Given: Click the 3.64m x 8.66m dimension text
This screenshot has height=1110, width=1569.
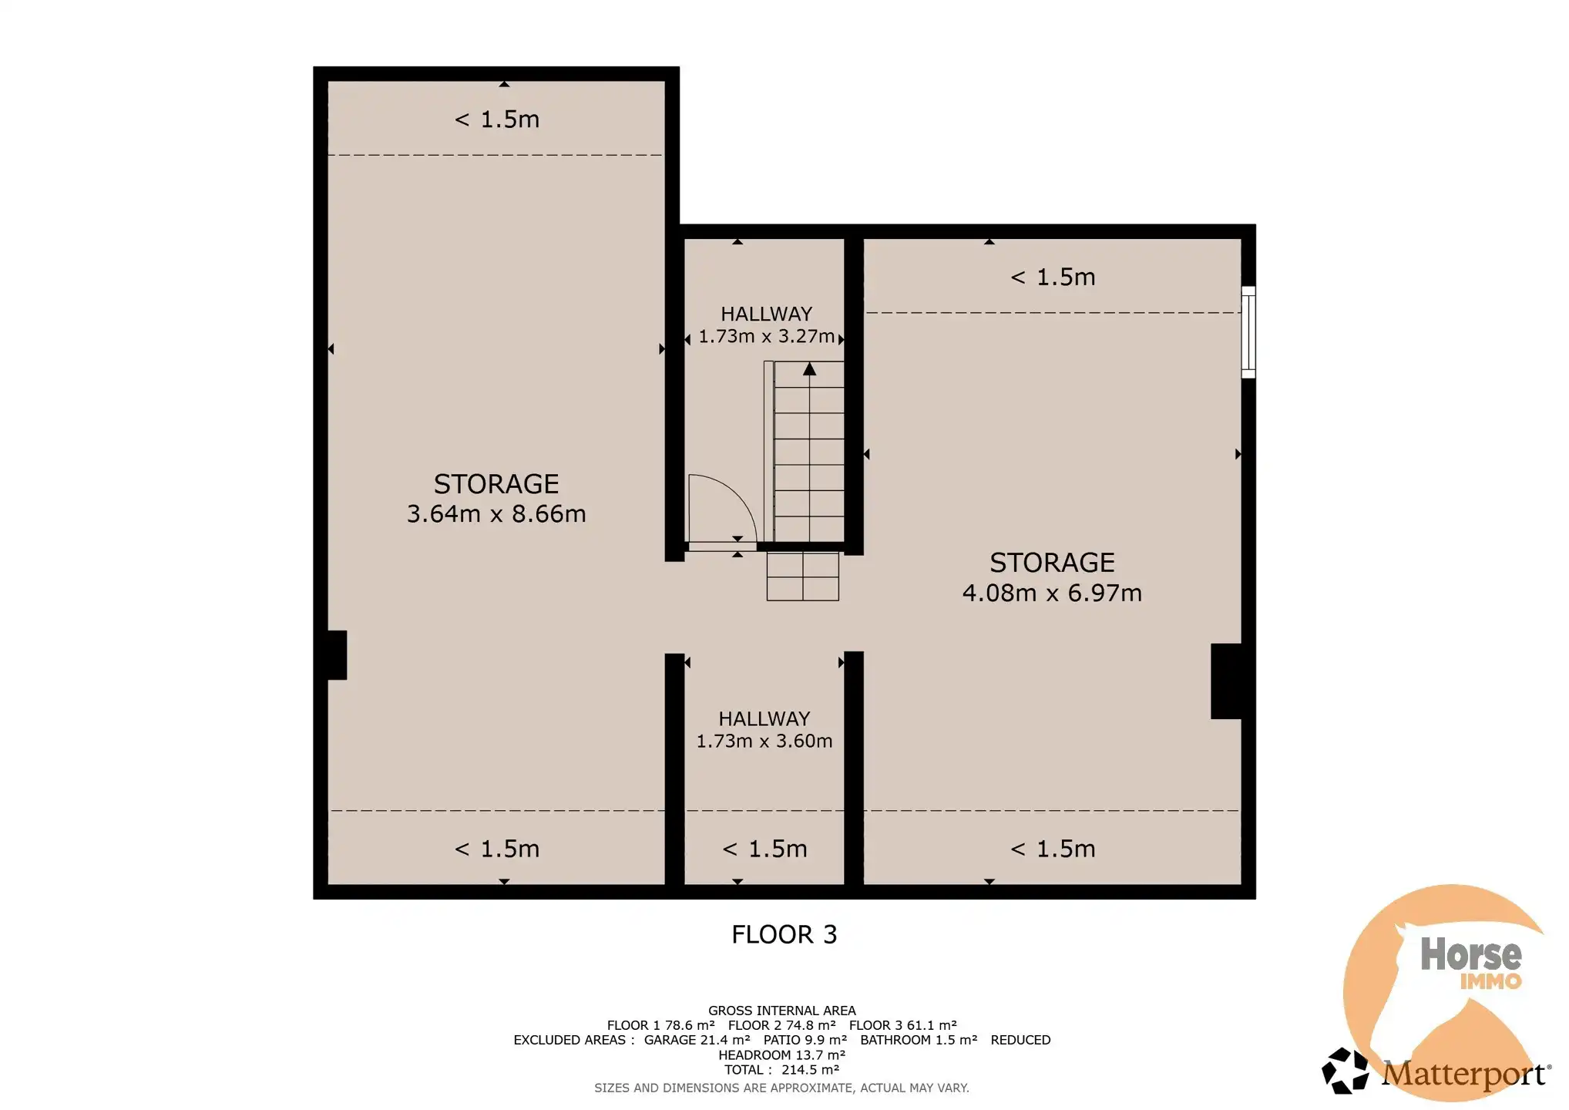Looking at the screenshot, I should pyautogui.click(x=496, y=514).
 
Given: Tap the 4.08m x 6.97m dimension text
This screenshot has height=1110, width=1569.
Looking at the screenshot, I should pyautogui.click(x=1052, y=593).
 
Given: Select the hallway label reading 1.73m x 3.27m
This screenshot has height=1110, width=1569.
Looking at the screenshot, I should pyautogui.click(x=766, y=337).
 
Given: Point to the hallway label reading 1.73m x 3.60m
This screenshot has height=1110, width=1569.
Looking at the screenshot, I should pyautogui.click(x=764, y=741).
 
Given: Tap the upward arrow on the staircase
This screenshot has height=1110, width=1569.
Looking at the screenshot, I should pyautogui.click(x=809, y=369).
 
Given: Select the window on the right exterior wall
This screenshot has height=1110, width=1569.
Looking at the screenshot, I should pyautogui.click(x=1248, y=332).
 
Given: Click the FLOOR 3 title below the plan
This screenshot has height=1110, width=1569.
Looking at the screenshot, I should pyautogui.click(x=784, y=934).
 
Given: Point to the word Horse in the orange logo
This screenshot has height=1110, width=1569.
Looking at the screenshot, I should pyautogui.click(x=1470, y=954).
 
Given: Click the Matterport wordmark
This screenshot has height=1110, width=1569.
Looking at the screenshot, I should pyautogui.click(x=1464, y=1073).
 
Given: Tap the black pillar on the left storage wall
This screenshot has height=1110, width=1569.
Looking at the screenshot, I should pyautogui.click(x=337, y=655).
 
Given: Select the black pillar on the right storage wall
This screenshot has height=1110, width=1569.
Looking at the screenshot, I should pyautogui.click(x=1226, y=681).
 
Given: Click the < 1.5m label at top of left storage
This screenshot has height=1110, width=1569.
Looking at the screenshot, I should pyautogui.click(x=496, y=119).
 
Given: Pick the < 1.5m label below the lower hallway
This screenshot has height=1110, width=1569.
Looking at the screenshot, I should pyautogui.click(x=764, y=849).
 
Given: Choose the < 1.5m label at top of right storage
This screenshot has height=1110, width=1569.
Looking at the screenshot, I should pyautogui.click(x=1052, y=277).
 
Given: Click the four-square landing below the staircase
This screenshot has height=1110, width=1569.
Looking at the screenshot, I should pyautogui.click(x=802, y=577).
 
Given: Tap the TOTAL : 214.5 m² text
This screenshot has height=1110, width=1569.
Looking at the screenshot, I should pyautogui.click(x=781, y=1070).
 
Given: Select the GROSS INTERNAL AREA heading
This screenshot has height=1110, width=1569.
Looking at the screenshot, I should pyautogui.click(x=781, y=1011).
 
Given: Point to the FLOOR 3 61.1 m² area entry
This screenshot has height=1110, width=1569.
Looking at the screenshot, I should pyautogui.click(x=902, y=1025).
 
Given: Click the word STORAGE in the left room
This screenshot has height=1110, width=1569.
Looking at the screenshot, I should pyautogui.click(x=496, y=484).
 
